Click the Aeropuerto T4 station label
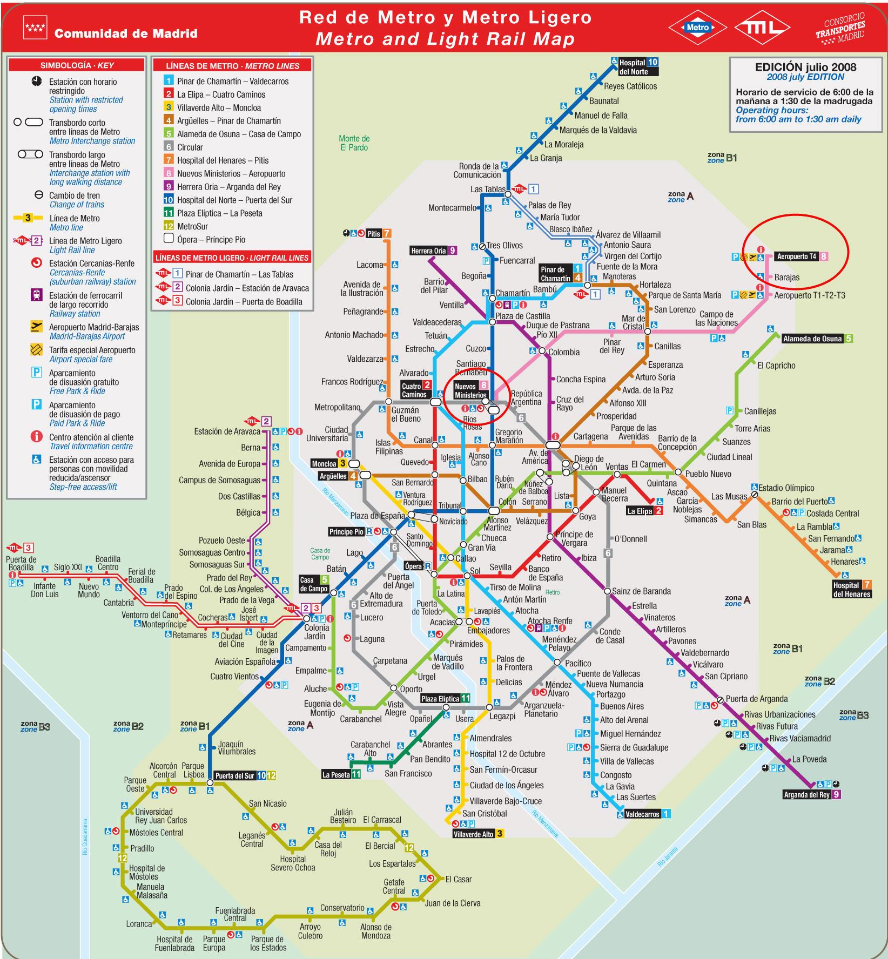click(797, 256)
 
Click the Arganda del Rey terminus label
click(806, 795)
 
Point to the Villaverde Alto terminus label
click(473, 834)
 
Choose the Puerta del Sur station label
click(234, 775)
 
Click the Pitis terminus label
click(374, 234)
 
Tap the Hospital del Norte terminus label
click(633, 66)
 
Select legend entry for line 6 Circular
click(190, 147)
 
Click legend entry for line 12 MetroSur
click(192, 226)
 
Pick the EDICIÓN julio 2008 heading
click(805, 67)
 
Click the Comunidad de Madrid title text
click(125, 33)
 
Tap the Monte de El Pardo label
click(354, 143)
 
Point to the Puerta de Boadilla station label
click(21, 563)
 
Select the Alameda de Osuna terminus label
click(812, 339)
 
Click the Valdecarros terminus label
click(642, 814)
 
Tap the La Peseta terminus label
click(336, 774)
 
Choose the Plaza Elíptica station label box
click(440, 698)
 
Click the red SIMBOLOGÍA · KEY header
click(77, 65)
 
